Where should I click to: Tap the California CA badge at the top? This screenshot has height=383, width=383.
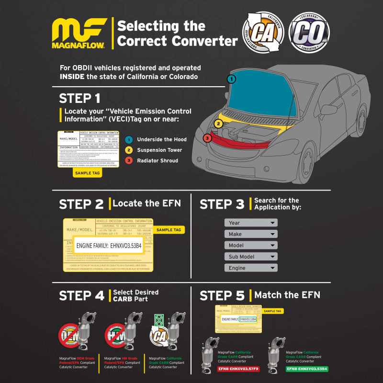[262, 32]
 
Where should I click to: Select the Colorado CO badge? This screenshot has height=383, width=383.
[309, 32]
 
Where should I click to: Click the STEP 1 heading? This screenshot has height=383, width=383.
[79, 99]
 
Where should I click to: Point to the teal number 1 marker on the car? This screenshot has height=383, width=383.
[232, 79]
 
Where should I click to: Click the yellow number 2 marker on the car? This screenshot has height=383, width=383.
[218, 124]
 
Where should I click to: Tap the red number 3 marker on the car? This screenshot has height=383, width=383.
[207, 138]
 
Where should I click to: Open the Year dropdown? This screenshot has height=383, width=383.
[251, 223]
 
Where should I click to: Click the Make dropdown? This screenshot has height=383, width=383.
[251, 234]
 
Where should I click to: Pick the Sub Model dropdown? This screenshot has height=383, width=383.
[251, 257]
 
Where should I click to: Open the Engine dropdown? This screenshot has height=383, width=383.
[251, 268]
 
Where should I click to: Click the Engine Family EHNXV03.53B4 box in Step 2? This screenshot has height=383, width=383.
[109, 246]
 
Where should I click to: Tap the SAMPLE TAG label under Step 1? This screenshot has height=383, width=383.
[87, 173]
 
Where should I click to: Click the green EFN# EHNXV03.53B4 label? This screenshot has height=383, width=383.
[306, 369]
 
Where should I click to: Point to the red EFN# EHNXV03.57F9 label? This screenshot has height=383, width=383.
[238, 369]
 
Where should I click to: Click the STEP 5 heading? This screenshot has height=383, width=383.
[222, 295]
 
